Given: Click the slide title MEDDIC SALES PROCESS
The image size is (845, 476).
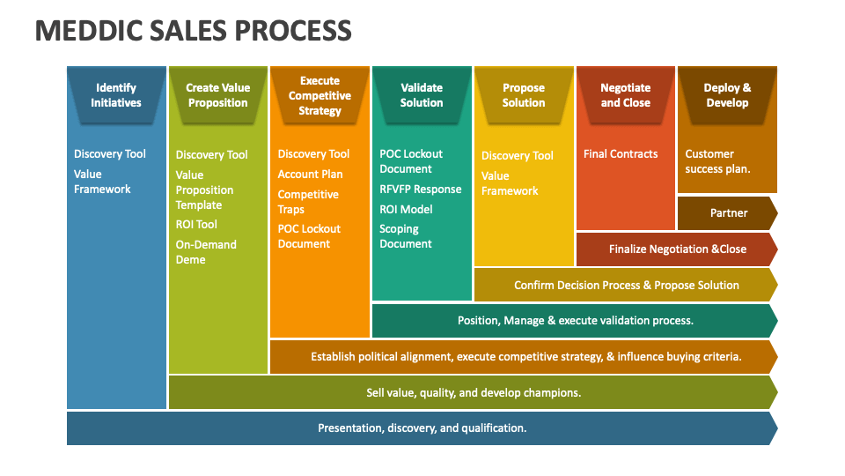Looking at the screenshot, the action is point(193,31).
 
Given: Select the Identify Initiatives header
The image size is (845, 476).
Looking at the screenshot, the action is point(116,95).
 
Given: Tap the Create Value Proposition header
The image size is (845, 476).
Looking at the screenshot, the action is point(217,95).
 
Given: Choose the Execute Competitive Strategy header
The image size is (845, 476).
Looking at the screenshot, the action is point(320,95).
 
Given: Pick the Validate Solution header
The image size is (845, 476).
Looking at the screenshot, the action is point(422,95).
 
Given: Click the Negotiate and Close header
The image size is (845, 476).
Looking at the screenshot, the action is point(625,95).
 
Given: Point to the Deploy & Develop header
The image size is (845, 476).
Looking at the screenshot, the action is point(727,95).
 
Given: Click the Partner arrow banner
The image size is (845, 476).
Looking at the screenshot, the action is point(728,213).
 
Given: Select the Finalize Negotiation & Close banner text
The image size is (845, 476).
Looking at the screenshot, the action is point(678,249).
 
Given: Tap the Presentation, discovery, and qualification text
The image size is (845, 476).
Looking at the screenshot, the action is point(422,428).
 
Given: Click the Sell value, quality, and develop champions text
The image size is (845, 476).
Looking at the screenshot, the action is point(474,393).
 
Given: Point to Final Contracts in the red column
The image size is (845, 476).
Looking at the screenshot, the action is point(621,154).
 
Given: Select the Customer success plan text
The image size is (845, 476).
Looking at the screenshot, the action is point(717,161).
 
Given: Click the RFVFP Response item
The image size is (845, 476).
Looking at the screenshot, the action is point(421,190).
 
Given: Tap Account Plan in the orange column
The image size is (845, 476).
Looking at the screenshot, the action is point(310,175).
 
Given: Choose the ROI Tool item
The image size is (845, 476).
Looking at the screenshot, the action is point(196,225).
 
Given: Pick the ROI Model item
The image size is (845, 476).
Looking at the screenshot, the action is point(406,210).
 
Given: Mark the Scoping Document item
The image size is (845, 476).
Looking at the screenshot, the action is point(405,236).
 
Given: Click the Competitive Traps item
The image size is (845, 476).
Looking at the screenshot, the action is point(308,202).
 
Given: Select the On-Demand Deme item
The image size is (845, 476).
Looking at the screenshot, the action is point(206,252).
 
